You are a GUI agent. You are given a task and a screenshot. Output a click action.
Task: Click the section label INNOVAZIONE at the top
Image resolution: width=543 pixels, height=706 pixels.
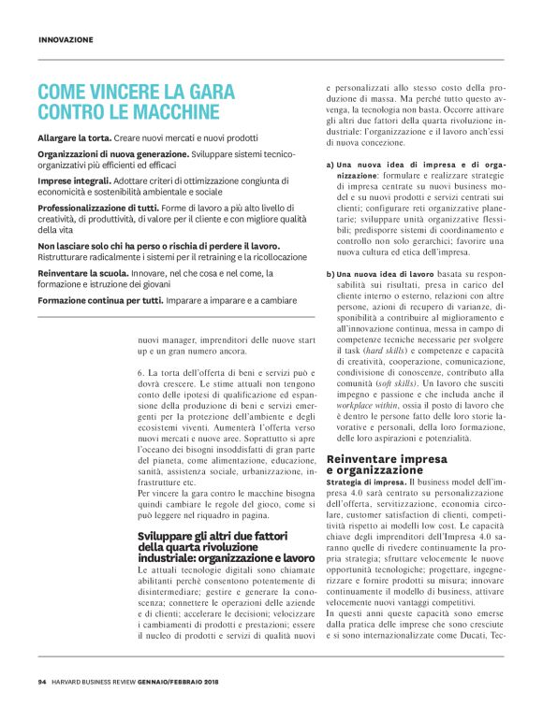tap(66, 40)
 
